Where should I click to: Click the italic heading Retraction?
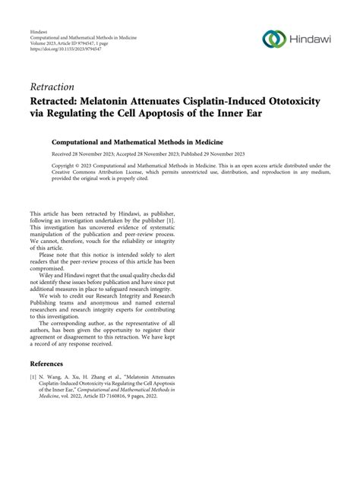tap(53, 87)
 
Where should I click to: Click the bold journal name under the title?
tap(141, 141)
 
